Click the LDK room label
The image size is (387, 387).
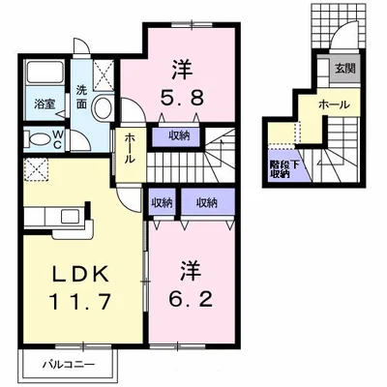point(80,274)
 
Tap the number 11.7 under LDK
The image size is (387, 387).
point(80,302)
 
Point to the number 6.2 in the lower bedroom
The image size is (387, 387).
point(191,299)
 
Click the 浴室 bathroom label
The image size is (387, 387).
point(45,104)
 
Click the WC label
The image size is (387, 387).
point(57,139)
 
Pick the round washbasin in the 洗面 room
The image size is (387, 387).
point(103,106)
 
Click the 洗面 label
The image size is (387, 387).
point(81,98)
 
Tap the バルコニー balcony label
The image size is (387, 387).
point(69,365)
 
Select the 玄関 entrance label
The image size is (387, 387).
point(344,69)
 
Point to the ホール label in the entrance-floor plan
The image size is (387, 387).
point(334,104)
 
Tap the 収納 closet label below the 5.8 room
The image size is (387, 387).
point(179,135)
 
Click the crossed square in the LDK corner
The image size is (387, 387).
point(37,169)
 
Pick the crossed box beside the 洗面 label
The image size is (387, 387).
point(104,74)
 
